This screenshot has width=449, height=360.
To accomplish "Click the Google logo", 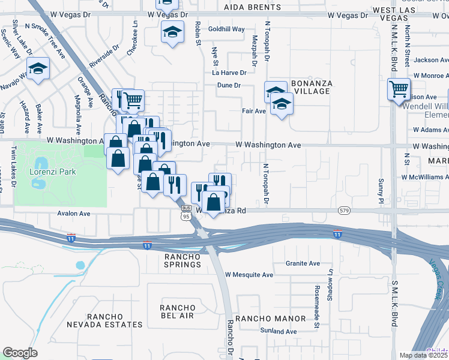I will click(20, 353).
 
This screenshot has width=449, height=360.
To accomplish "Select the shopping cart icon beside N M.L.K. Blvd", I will click(399, 89).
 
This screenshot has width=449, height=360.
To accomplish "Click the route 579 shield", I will click(343, 211).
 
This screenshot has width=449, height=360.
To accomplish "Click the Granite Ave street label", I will click(303, 263).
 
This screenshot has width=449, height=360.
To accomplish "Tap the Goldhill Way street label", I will click(226, 29).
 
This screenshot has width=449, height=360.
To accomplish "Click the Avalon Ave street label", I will click(73, 213).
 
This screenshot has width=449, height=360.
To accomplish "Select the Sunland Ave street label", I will click(279, 331).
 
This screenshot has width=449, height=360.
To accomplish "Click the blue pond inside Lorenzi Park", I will click(40, 164).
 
